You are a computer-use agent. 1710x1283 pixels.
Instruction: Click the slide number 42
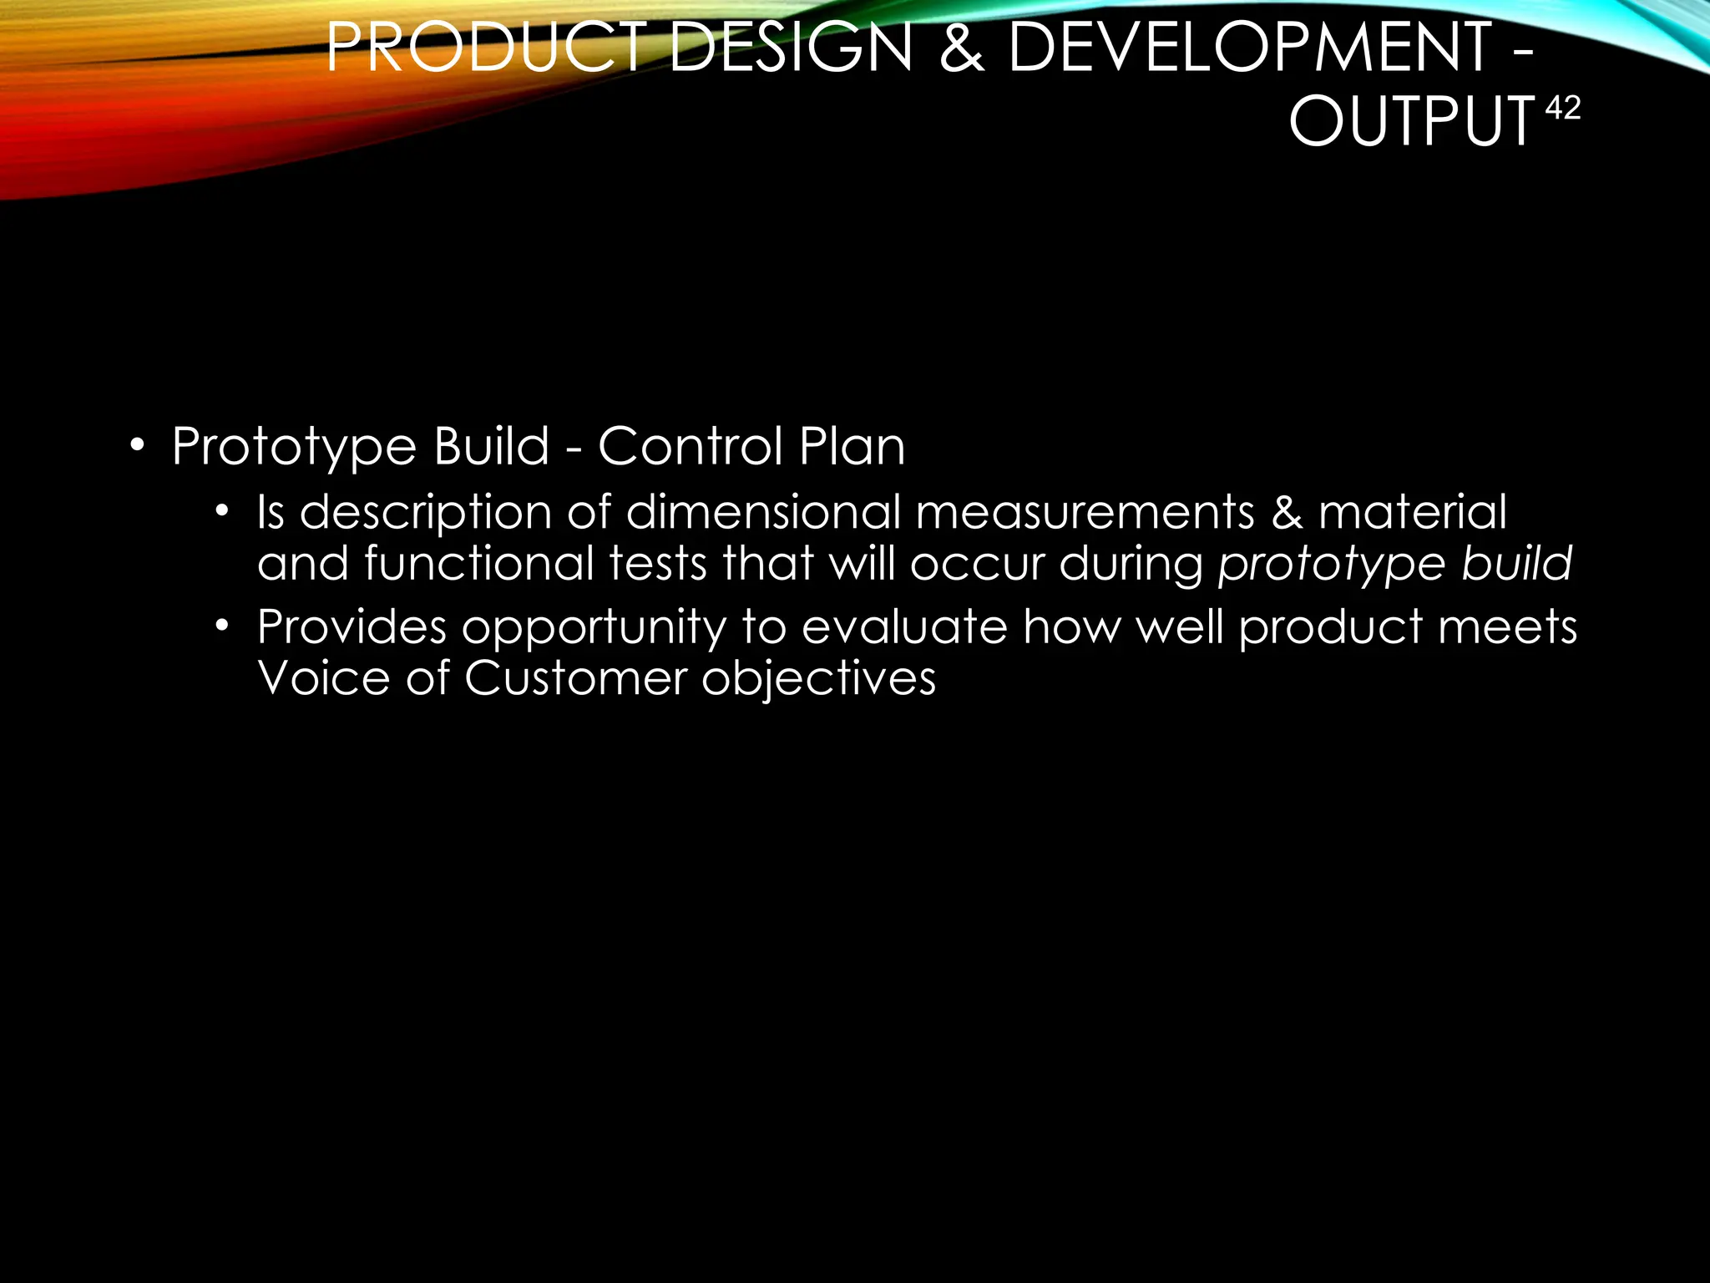(x=1563, y=109)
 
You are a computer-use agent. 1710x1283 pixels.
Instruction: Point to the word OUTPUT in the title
(x=1412, y=121)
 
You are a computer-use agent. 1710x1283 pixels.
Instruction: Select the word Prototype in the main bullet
(x=294, y=447)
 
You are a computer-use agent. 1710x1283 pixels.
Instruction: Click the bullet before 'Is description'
(x=221, y=511)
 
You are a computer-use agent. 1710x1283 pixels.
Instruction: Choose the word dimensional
(x=763, y=511)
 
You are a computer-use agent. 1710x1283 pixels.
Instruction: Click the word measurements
(x=1085, y=511)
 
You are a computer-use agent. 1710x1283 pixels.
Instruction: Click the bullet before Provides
(x=221, y=626)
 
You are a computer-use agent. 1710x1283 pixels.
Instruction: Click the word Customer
(x=575, y=677)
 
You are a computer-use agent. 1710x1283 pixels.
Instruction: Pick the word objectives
(x=818, y=679)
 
